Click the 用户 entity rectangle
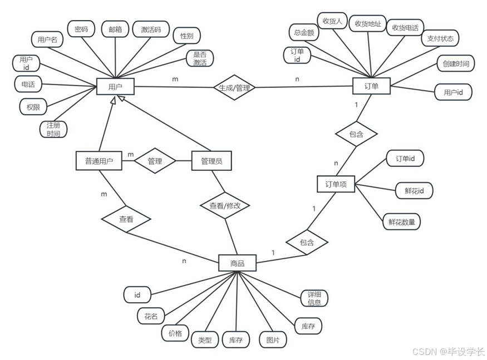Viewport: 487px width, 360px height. [115, 87]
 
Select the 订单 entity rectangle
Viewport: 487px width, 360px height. [371, 87]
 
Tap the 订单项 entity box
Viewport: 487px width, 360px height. [336, 184]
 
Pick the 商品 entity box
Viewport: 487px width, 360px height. [237, 263]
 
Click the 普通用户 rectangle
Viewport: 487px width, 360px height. [99, 161]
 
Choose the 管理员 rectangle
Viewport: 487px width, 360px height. [211, 161]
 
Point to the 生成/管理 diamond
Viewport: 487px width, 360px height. [234, 87]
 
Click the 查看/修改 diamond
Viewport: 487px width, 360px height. [225, 205]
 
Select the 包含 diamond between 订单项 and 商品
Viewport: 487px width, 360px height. [307, 243]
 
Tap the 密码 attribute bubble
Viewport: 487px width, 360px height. [81, 29]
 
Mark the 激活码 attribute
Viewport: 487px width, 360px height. [151, 29]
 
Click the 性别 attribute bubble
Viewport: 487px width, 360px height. [186, 37]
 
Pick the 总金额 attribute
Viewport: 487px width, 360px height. [304, 33]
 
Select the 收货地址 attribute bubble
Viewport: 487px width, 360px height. [368, 24]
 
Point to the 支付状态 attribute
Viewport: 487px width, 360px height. [440, 38]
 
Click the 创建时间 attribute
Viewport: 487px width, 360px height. [455, 63]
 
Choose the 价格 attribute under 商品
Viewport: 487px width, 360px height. [175, 333]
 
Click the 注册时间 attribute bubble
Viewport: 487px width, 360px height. [53, 129]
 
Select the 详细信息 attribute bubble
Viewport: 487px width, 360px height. [314, 298]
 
